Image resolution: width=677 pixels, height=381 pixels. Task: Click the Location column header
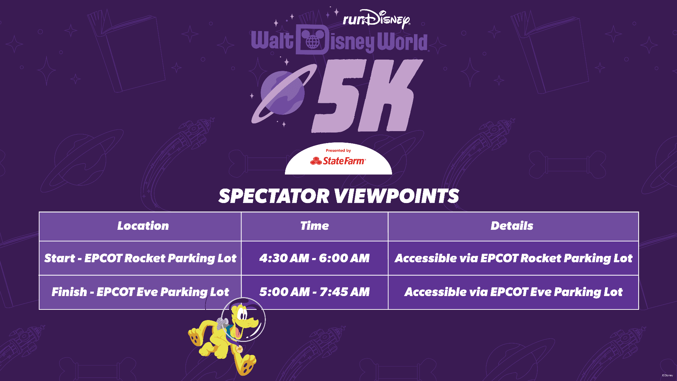tap(143, 226)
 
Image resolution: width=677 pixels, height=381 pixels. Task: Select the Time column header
tap(315, 226)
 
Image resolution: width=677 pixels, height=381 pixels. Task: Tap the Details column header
tap(512, 226)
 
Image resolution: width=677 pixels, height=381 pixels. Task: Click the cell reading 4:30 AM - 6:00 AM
tap(315, 258)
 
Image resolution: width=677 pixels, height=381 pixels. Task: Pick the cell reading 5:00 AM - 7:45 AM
tap(315, 292)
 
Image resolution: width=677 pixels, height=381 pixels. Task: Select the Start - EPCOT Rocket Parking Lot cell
tap(140, 258)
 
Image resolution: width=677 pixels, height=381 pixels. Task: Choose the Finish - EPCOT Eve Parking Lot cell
tap(140, 292)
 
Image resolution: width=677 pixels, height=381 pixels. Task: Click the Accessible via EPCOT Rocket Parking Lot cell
tap(513, 258)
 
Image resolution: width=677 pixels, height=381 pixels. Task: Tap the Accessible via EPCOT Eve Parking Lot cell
tap(513, 292)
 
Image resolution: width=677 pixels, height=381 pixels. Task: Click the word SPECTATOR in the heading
tap(274, 196)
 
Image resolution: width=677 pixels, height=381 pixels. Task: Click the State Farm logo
tap(338, 161)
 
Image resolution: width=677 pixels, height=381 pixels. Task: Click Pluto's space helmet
tap(243, 319)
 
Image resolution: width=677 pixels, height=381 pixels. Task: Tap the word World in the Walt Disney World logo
tap(402, 42)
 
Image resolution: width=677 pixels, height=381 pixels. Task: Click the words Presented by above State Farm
tap(338, 150)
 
